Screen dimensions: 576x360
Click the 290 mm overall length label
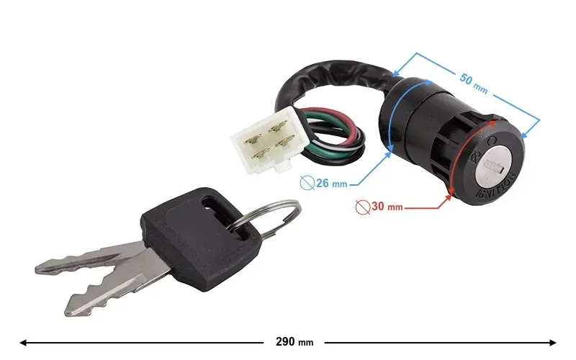point(294,342)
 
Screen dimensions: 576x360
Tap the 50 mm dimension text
point(474,84)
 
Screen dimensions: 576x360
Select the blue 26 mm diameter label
point(332,183)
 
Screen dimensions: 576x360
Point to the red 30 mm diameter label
point(387,207)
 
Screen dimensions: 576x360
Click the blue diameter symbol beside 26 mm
point(307,183)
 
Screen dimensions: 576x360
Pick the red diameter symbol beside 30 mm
point(363,207)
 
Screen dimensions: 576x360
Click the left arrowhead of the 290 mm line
point(23,343)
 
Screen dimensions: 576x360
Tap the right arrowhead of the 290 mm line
point(552,343)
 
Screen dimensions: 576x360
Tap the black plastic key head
point(200,239)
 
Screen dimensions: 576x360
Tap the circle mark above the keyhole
point(492,140)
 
